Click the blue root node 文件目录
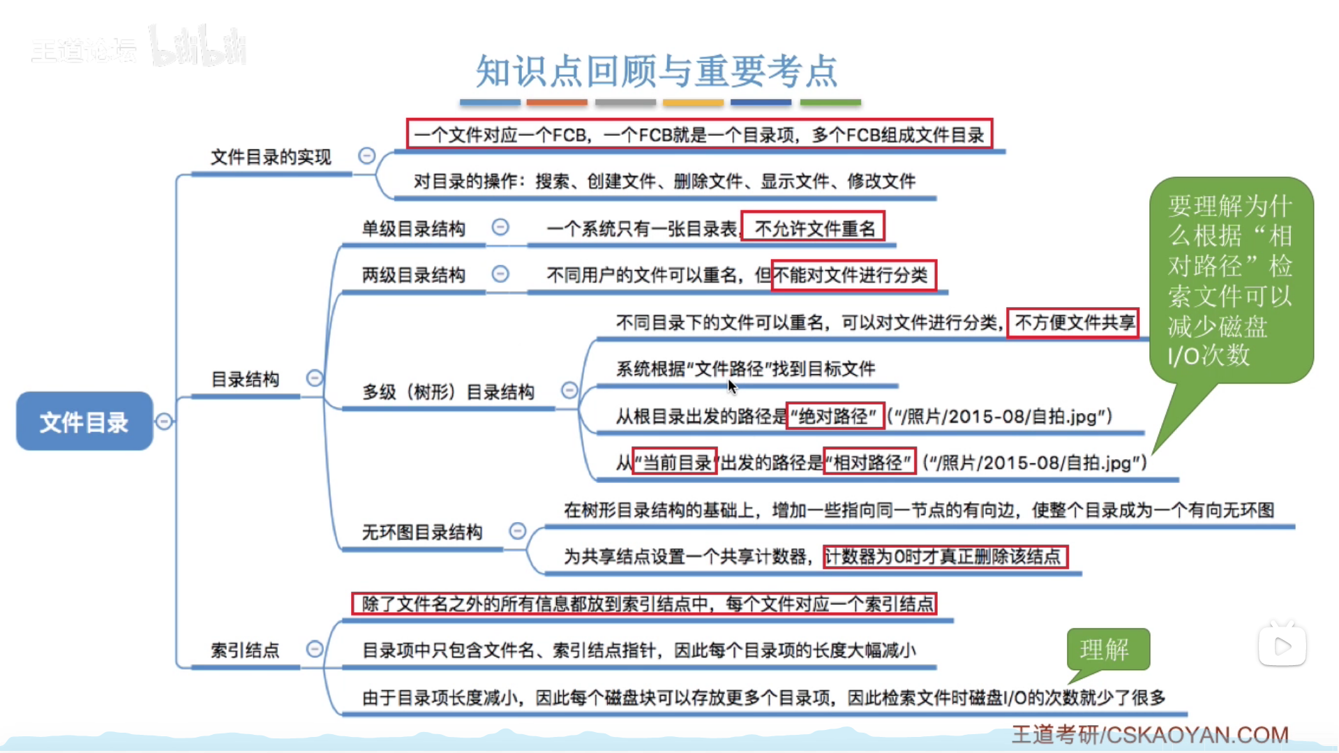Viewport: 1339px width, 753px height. [x=84, y=422]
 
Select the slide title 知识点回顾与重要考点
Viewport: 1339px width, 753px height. [x=656, y=71]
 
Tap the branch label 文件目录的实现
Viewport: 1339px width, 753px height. [x=271, y=157]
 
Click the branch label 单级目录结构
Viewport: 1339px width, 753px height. [x=413, y=229]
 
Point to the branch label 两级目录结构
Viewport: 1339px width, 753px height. [x=413, y=275]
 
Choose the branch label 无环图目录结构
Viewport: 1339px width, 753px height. [x=421, y=532]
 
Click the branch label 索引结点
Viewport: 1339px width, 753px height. [x=245, y=650]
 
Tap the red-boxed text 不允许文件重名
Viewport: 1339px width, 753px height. [x=813, y=228]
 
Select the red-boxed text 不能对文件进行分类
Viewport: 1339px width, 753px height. [x=853, y=275]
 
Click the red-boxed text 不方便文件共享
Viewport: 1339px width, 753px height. [x=1073, y=322]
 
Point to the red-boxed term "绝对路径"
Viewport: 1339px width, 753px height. [x=835, y=417]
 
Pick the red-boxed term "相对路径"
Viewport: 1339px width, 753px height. [x=869, y=462]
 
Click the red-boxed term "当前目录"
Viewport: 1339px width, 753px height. [x=674, y=462]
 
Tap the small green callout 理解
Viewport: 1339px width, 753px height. [x=1106, y=650]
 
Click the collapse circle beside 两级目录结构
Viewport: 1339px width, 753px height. [x=500, y=274]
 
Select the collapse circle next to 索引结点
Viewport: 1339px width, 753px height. [x=315, y=650]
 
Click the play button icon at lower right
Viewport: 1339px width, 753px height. [x=1282, y=647]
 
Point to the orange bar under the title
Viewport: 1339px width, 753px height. [x=557, y=103]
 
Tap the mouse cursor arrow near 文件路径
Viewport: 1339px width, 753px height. [x=731, y=386]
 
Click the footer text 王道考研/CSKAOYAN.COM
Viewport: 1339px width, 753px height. [x=1150, y=735]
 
